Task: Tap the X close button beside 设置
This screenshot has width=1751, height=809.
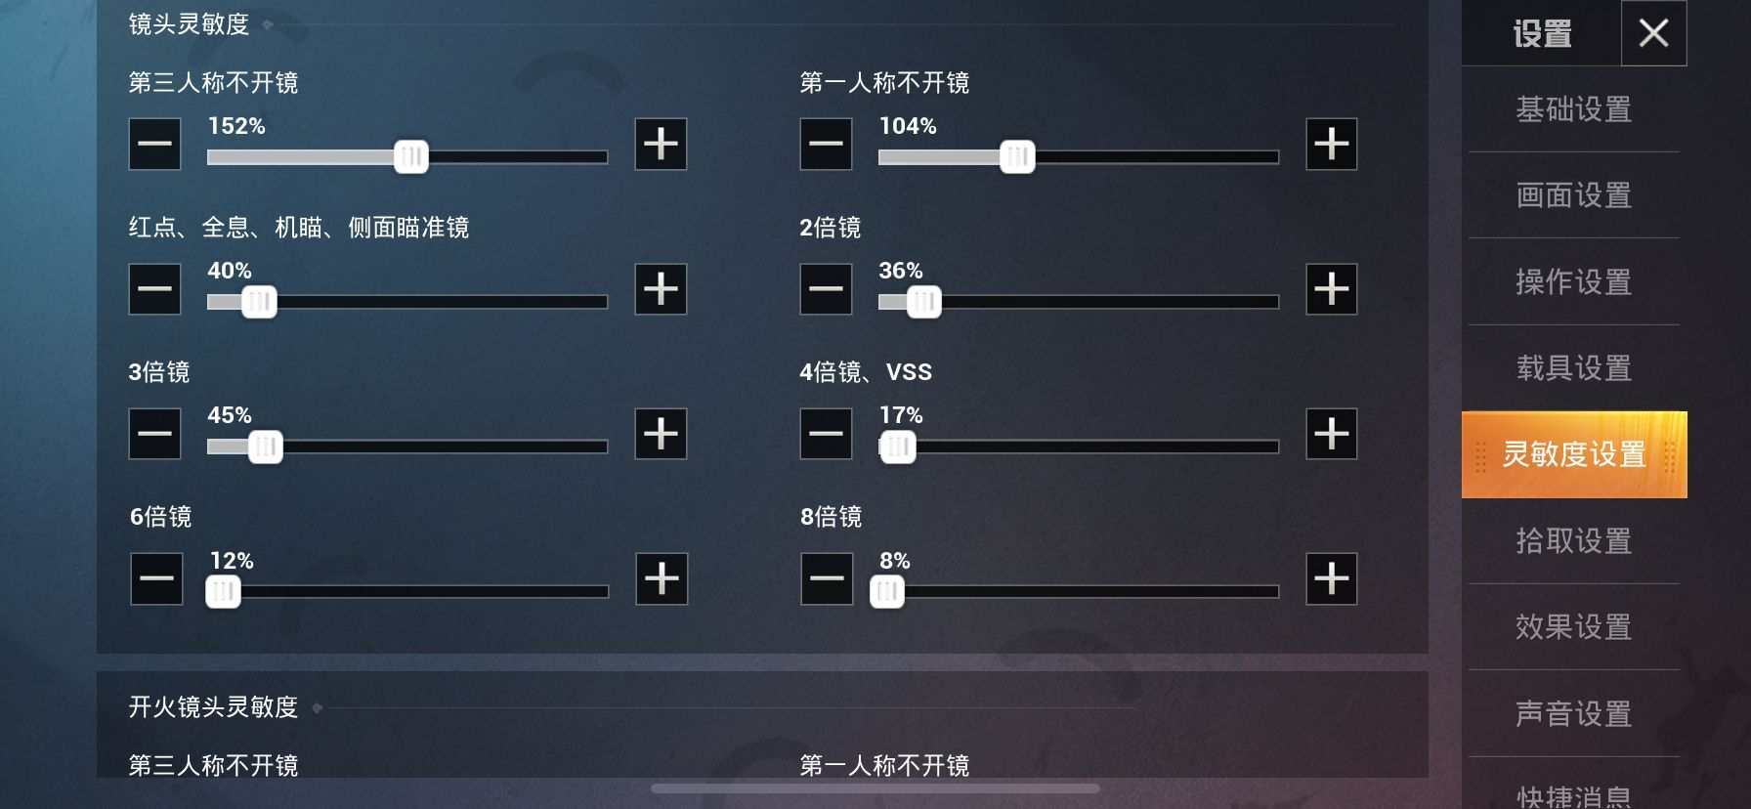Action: coord(1653,33)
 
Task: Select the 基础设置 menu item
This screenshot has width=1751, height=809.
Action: coord(1573,109)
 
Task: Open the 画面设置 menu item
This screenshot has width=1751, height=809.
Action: coord(1573,195)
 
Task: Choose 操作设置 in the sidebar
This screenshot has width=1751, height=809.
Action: coord(1573,282)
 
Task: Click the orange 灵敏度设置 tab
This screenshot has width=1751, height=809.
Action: coord(1573,454)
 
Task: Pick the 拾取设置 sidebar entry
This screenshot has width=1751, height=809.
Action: coord(1573,541)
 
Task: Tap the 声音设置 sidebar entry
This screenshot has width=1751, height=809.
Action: coord(1573,714)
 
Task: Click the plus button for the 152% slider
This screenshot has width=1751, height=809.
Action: coord(661,144)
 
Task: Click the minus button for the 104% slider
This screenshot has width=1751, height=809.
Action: coord(826,144)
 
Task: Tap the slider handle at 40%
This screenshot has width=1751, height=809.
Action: coord(259,302)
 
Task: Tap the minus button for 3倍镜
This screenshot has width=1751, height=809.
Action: coord(154,434)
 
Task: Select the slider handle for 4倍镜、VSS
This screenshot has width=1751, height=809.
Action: coord(897,447)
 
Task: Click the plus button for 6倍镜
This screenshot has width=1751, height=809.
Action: coord(662,578)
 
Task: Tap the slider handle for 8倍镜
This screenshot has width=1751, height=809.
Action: coord(887,591)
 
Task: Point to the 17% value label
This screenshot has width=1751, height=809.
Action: coord(901,415)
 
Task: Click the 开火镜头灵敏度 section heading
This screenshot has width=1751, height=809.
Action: coord(213,706)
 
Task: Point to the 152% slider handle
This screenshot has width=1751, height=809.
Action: coord(411,156)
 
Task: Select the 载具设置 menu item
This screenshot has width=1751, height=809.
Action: coord(1573,368)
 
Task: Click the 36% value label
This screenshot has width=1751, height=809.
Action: coord(901,271)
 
